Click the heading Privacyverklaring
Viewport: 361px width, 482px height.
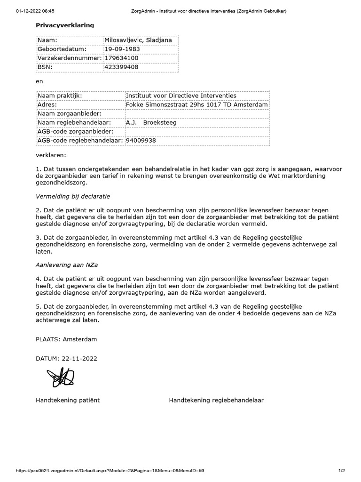[x=65, y=25]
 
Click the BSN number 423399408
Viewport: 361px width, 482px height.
[x=121, y=67]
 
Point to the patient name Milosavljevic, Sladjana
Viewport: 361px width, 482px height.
[x=138, y=40]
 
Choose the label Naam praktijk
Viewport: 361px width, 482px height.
[x=60, y=96]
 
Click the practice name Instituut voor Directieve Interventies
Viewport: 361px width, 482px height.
[x=181, y=96]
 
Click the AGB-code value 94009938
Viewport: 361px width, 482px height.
[x=141, y=140]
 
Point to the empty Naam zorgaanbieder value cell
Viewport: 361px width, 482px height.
[x=197, y=113]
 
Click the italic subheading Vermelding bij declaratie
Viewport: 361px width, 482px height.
[x=73, y=196]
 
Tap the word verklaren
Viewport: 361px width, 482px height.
[x=51, y=154]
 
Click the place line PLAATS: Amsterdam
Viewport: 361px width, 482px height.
[x=66, y=339]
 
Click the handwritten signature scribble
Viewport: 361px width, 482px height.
[x=60, y=377]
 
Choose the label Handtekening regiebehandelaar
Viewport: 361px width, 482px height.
[x=216, y=400]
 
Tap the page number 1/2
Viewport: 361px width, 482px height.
[x=341, y=470]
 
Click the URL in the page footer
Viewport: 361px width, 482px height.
[x=110, y=470]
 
